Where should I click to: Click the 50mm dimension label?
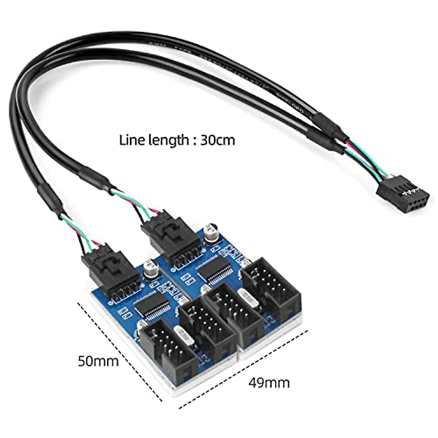click(98, 361)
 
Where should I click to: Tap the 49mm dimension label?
click(269, 383)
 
